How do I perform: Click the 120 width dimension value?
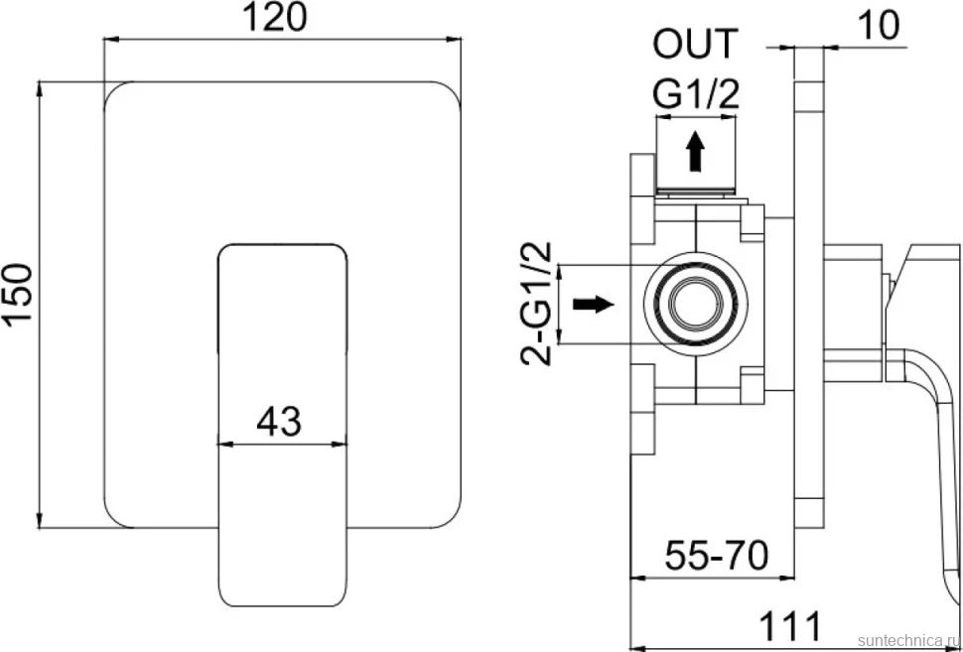[275, 18]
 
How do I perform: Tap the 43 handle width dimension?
[279, 422]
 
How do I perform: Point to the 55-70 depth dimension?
[717, 556]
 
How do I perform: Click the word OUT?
[695, 45]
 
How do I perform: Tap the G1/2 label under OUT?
[695, 94]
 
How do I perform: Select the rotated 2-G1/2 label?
[536, 304]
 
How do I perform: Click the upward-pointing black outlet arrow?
[695, 151]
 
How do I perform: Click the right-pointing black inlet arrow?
[594, 304]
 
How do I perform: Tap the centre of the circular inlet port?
[695, 304]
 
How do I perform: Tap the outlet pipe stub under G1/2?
[695, 161]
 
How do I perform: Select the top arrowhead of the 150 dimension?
[40, 88]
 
